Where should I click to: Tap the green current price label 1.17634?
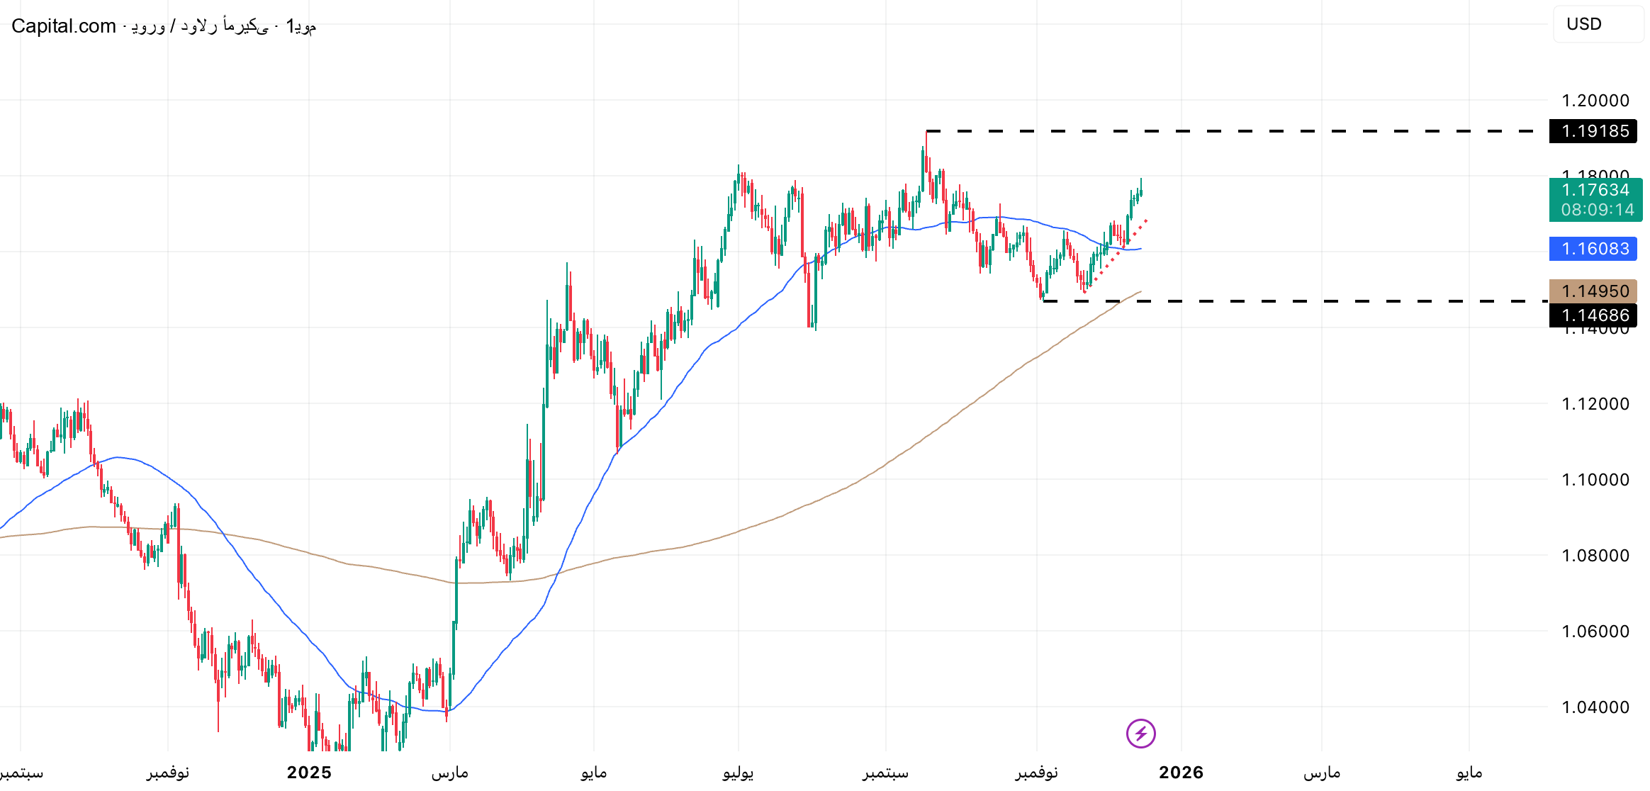(1595, 190)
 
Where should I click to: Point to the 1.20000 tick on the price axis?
(1595, 101)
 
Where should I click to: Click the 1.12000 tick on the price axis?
(1595, 404)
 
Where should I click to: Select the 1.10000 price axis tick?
(1595, 480)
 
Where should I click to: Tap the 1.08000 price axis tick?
(1595, 556)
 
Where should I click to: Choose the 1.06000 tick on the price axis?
(1595, 632)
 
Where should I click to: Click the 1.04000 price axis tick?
(1595, 707)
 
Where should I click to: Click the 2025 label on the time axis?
(309, 773)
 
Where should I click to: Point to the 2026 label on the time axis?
(1181, 773)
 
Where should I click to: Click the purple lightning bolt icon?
(1140, 734)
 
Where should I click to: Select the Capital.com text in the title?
(64, 26)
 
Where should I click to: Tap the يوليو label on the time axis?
(738, 773)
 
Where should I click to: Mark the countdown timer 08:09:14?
(1597, 210)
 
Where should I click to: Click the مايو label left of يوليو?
(593, 773)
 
